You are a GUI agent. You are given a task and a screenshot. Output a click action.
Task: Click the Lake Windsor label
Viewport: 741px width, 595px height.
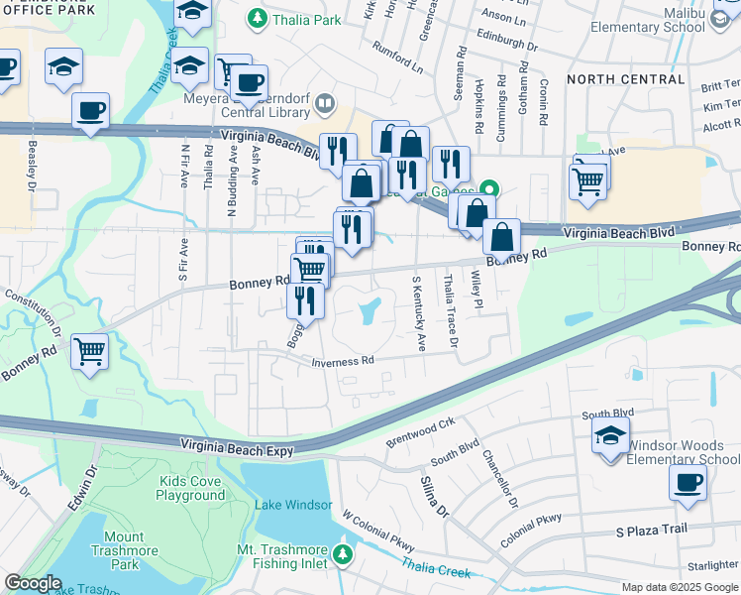click(292, 505)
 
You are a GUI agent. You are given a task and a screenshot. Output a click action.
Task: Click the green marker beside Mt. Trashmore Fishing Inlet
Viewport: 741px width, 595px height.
click(343, 553)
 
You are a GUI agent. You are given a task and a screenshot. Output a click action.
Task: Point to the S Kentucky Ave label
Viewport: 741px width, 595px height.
click(418, 313)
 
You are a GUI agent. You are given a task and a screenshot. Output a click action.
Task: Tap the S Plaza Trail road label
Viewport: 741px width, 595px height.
click(651, 530)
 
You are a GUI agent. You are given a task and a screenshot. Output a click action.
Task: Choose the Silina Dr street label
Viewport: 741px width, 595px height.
click(434, 495)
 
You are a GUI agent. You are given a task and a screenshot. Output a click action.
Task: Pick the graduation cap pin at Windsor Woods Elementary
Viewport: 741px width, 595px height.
click(610, 435)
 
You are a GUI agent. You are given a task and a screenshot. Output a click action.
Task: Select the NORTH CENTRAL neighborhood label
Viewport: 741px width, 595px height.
click(625, 78)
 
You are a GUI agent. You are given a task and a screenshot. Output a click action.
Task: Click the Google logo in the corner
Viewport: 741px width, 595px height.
click(33, 583)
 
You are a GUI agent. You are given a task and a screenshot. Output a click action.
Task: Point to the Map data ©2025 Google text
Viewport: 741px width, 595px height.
click(678, 587)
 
